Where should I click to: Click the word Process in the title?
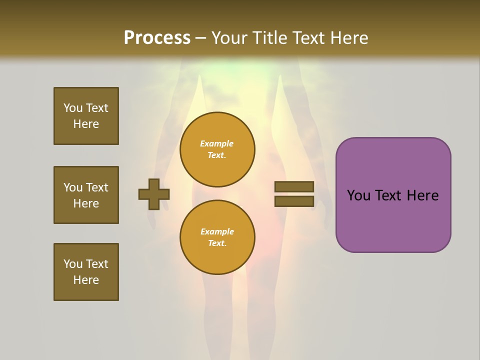click(x=157, y=38)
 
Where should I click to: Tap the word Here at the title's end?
click(x=347, y=38)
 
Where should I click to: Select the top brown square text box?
click(x=86, y=116)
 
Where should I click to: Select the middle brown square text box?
click(x=86, y=195)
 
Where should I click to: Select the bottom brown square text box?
click(x=86, y=272)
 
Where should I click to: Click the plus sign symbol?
click(x=154, y=194)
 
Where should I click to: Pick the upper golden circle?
click(x=217, y=149)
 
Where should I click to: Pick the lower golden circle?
click(x=217, y=237)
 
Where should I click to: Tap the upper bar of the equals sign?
click(x=294, y=186)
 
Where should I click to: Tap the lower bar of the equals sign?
click(x=294, y=201)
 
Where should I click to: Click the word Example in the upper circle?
click(x=217, y=143)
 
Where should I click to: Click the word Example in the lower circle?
click(x=217, y=231)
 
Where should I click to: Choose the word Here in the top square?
click(x=86, y=124)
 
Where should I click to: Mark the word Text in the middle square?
click(x=97, y=187)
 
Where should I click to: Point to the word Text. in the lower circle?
click(x=217, y=243)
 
